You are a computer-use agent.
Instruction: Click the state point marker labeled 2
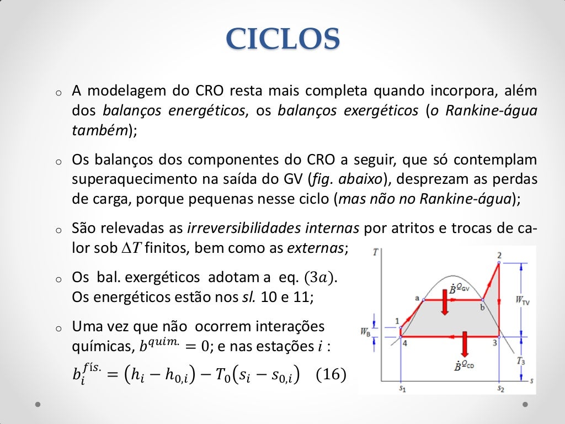[x=499, y=263]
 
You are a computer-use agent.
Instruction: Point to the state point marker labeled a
[x=423, y=299]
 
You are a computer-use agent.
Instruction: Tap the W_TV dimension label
[x=521, y=300]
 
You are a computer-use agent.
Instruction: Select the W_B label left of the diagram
[x=365, y=332]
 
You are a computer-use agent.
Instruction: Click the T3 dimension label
[x=521, y=361]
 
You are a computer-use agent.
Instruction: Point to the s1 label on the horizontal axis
[x=402, y=389]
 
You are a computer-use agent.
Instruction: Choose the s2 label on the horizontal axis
[x=500, y=389]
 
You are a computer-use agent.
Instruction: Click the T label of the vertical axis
[x=375, y=253]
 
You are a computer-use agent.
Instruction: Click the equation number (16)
[x=331, y=375]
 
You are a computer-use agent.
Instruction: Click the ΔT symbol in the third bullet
[x=128, y=248]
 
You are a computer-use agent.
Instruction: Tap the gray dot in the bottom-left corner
[x=38, y=404]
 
